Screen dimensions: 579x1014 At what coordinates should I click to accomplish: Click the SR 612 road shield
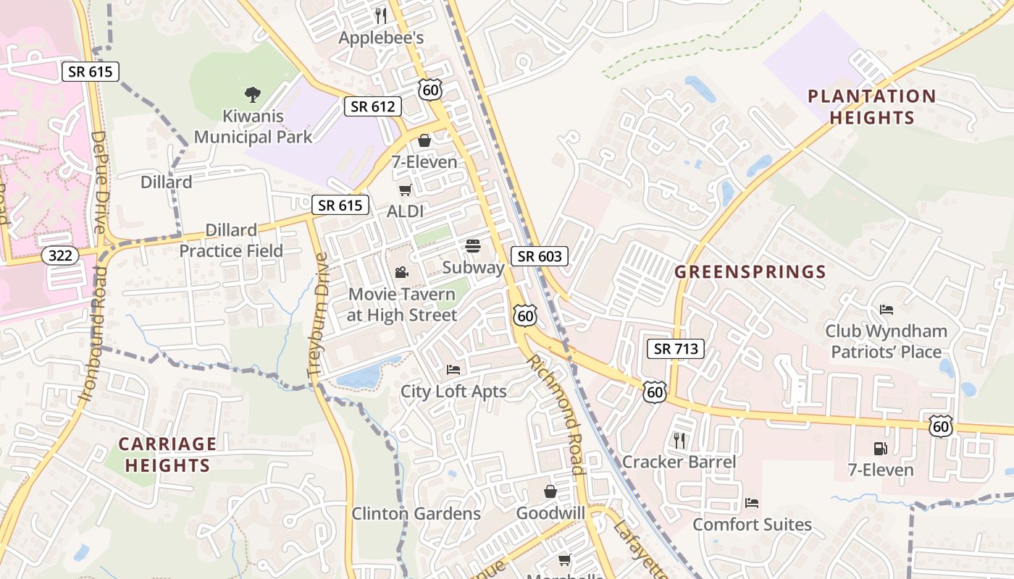click(x=372, y=106)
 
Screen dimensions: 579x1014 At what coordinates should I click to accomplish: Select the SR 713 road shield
click(x=675, y=349)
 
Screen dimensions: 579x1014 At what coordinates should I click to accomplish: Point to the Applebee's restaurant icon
click(x=381, y=15)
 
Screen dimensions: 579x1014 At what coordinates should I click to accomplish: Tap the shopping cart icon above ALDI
click(x=405, y=190)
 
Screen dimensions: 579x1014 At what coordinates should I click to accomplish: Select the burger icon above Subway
click(x=473, y=246)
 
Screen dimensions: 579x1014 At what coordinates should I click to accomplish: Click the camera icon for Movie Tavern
click(x=401, y=272)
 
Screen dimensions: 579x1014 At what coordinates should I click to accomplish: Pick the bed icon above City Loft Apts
click(x=453, y=369)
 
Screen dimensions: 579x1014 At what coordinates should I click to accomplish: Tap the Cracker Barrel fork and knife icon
click(x=679, y=440)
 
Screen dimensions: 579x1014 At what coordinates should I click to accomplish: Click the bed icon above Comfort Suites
click(x=752, y=502)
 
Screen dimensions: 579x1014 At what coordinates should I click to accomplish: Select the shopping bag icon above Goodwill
click(x=550, y=491)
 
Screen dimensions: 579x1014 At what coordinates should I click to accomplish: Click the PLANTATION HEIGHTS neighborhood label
click(x=871, y=106)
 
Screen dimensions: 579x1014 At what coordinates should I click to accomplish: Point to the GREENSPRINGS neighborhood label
click(x=750, y=272)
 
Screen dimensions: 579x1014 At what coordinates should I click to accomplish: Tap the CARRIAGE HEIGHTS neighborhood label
click(x=167, y=455)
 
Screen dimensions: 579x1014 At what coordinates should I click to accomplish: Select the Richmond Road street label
click(x=555, y=414)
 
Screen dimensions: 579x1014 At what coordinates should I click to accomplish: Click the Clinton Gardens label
click(x=416, y=514)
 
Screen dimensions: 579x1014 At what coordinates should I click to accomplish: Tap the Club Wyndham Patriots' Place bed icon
click(x=887, y=310)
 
